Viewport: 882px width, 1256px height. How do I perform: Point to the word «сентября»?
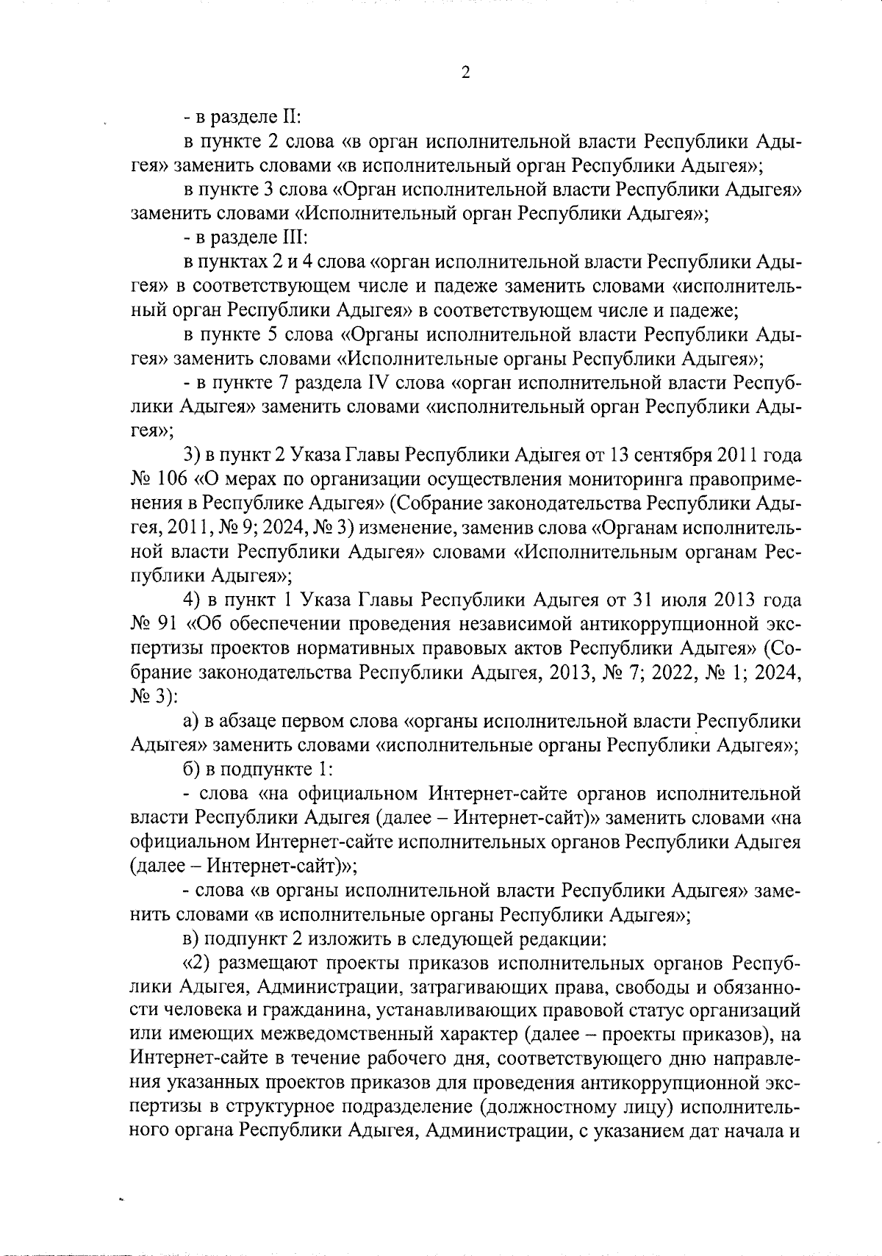tap(667, 456)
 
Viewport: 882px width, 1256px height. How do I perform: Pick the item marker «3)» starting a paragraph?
tap(193, 456)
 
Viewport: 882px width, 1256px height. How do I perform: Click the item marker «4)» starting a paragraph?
tap(193, 600)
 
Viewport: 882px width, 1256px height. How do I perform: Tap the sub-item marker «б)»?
tap(193, 769)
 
